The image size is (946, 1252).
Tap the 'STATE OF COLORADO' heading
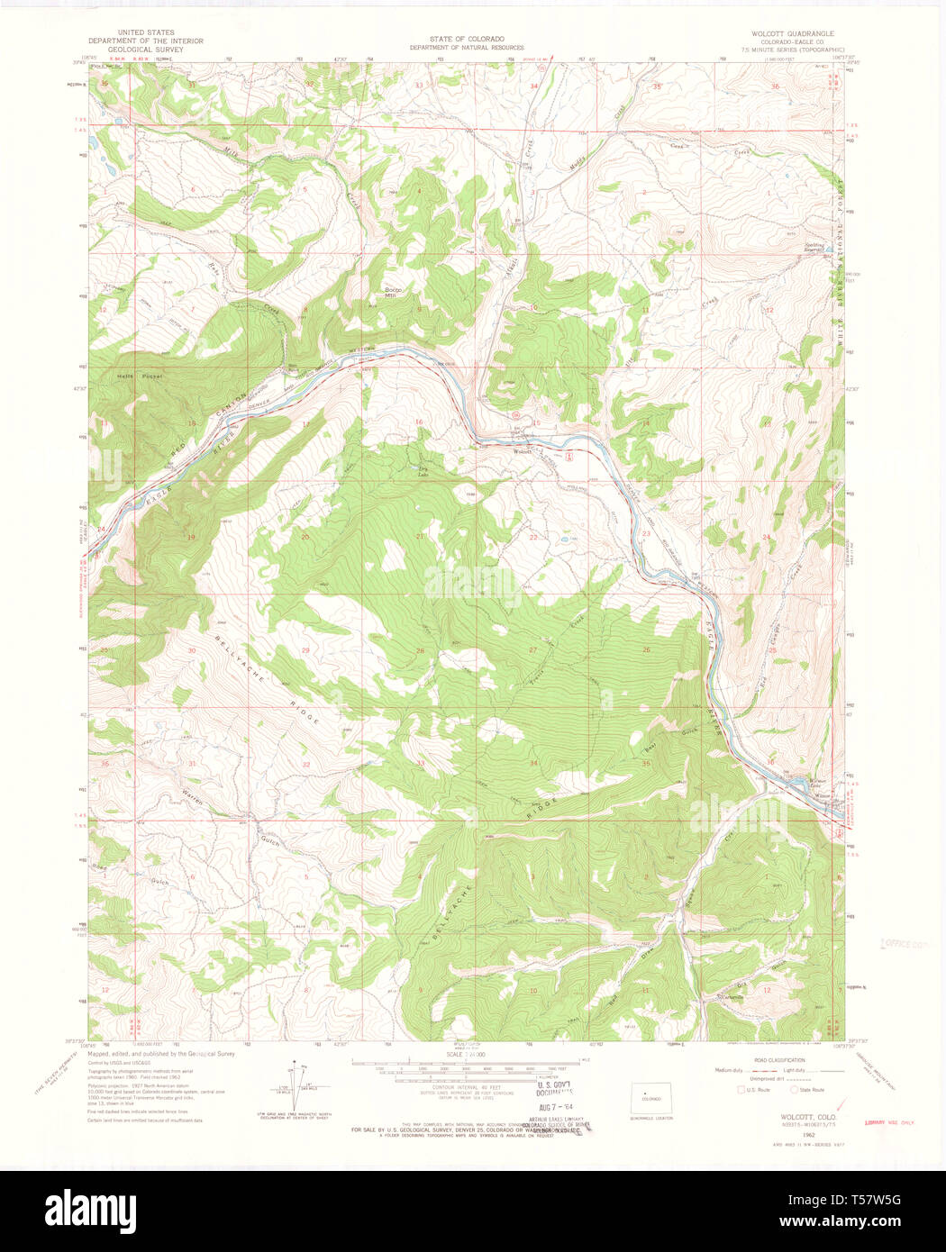coord(466,40)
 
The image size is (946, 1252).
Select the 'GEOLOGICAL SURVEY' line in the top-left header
coord(145,50)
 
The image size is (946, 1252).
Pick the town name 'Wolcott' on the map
coord(523,451)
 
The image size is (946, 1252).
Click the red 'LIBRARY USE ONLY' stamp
coord(888,1122)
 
